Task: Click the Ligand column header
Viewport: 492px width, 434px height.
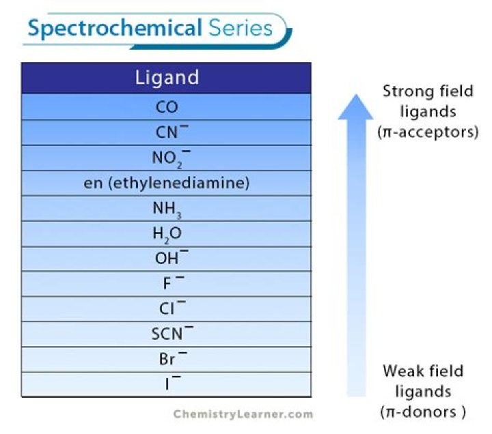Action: [166, 78]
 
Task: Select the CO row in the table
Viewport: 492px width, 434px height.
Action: [167, 107]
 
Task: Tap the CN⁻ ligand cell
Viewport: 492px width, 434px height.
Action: [167, 132]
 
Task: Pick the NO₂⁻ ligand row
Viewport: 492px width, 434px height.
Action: [167, 158]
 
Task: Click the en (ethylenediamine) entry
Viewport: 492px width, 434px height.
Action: [167, 183]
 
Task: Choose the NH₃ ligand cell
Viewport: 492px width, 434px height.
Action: [167, 209]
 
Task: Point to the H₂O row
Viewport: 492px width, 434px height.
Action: [167, 234]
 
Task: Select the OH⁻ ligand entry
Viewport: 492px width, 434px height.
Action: [167, 259]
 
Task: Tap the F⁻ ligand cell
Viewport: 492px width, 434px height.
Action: [167, 284]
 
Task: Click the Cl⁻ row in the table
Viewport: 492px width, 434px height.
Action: [167, 309]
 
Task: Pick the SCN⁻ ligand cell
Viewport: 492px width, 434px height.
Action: [167, 334]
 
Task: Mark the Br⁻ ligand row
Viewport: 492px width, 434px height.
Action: [167, 359]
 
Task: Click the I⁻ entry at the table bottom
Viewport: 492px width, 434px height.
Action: [167, 384]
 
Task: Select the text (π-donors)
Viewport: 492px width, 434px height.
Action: [424, 411]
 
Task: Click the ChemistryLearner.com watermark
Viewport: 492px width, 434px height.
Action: [243, 414]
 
